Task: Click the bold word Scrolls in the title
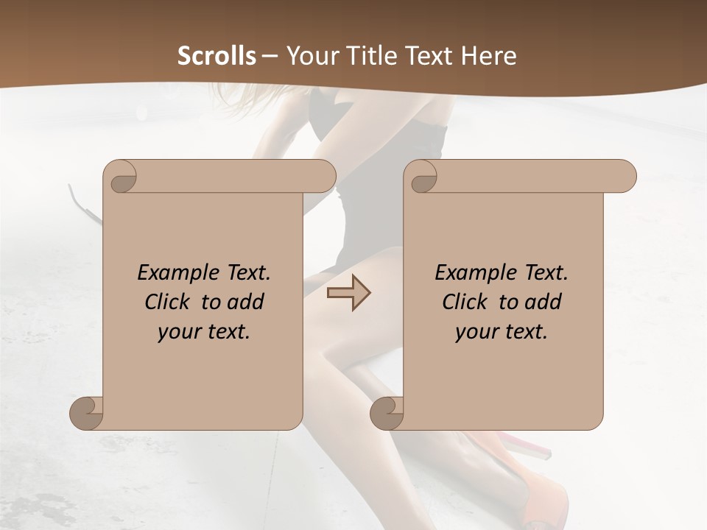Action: (217, 56)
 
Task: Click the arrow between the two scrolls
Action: (348, 292)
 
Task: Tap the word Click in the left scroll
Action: (168, 302)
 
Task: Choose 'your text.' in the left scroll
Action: (204, 332)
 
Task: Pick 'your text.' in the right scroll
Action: (502, 332)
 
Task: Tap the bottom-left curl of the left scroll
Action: (87, 414)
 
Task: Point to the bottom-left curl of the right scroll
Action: (387, 414)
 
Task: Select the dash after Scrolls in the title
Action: (270, 56)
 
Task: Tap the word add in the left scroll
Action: (245, 302)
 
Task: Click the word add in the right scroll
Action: (543, 302)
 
